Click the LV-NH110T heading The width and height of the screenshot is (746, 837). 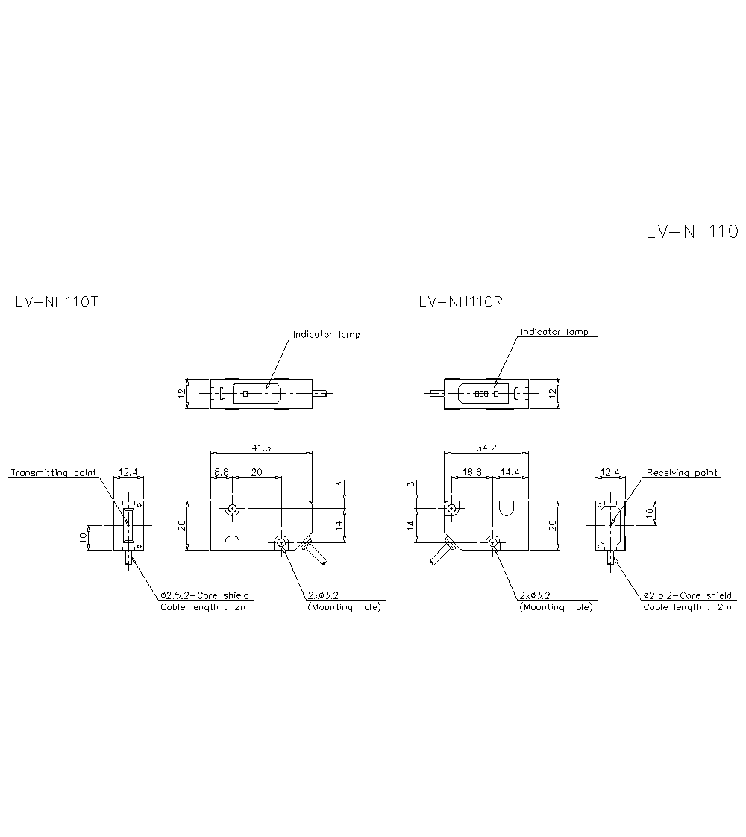(x=57, y=303)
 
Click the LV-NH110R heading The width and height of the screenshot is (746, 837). (x=461, y=303)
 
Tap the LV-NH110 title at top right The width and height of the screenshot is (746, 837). (x=692, y=232)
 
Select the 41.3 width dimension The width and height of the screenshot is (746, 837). (x=260, y=448)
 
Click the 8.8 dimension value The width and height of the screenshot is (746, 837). (x=222, y=472)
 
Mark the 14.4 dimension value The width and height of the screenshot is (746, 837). (x=510, y=472)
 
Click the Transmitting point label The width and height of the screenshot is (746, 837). (x=53, y=473)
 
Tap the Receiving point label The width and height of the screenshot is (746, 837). (x=682, y=473)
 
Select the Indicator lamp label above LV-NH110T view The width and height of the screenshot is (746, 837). (x=326, y=335)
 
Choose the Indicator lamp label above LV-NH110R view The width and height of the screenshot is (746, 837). (x=554, y=332)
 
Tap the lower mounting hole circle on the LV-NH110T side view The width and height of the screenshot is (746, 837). (x=281, y=542)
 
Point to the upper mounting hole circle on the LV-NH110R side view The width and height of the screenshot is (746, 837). (x=451, y=509)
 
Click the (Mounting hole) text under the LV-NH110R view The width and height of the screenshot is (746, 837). (x=556, y=607)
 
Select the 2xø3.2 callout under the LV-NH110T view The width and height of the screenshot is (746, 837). (x=324, y=595)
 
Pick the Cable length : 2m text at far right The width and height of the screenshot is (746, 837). (x=687, y=607)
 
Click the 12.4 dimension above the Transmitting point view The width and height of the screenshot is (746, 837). (x=128, y=472)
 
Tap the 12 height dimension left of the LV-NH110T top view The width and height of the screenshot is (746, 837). (x=181, y=393)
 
